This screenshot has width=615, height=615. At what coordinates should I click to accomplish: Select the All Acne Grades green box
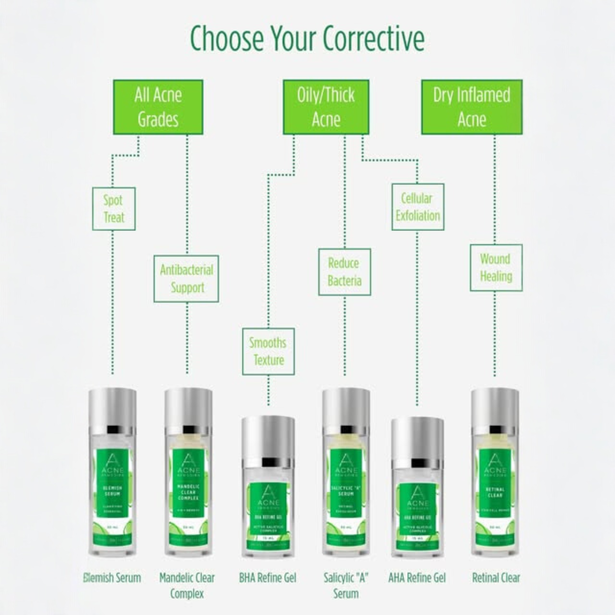point(158,107)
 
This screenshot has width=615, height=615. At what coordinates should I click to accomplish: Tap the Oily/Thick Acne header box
point(326,107)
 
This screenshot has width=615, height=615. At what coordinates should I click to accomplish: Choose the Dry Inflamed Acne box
point(471,107)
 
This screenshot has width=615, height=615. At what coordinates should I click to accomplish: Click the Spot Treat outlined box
point(114,209)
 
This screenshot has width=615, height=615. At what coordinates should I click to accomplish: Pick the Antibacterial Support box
point(186,279)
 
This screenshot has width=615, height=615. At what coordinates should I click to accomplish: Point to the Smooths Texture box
point(268,351)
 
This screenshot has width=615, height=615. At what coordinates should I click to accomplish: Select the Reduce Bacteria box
point(344,272)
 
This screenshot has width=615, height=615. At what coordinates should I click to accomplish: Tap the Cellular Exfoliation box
point(418,207)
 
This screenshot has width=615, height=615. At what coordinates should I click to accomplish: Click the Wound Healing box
point(496,268)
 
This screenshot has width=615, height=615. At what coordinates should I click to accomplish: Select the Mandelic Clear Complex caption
point(187,585)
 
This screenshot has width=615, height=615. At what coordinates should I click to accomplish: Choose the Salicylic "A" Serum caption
point(346,585)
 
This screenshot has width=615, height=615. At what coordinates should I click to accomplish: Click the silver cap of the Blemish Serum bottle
point(112,407)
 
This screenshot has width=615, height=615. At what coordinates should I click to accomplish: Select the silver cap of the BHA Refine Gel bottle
point(268,436)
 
